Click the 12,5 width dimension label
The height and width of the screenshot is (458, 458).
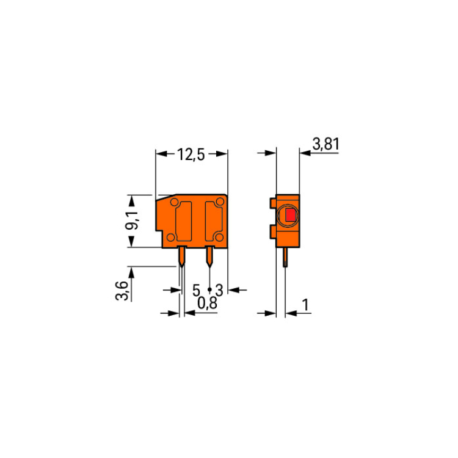(x=191, y=155)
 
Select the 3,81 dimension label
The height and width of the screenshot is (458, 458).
(x=326, y=144)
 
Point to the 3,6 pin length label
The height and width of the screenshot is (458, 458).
(x=122, y=291)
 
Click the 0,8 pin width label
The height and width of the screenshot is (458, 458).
(x=208, y=303)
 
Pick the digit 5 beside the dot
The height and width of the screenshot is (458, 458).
(x=196, y=290)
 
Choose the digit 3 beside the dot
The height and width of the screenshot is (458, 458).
(x=219, y=290)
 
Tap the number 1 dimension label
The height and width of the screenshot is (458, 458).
(x=305, y=305)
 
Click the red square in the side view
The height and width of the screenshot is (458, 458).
(x=290, y=216)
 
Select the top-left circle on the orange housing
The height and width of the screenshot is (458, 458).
(x=175, y=202)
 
